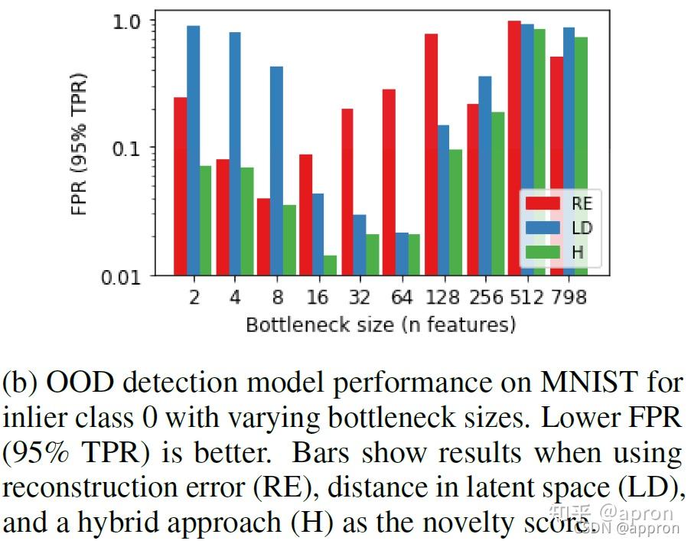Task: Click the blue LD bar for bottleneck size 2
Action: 194,150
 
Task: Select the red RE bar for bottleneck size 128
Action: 431,154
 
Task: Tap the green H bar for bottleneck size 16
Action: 330,265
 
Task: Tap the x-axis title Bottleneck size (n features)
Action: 380,324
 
